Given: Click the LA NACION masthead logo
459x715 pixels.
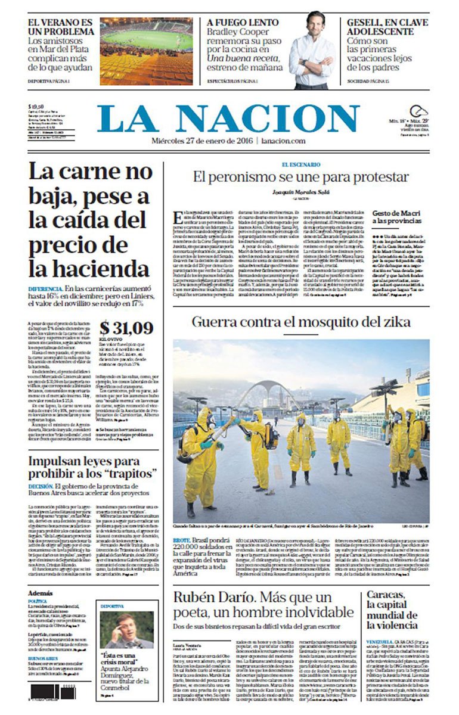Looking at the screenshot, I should [228, 119].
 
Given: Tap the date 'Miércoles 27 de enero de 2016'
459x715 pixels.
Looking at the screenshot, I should [201, 141].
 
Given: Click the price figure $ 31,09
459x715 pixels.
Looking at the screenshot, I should [126, 328].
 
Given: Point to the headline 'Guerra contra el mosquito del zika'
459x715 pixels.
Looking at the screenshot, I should [301, 322].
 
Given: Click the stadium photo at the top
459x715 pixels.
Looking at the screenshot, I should [147, 51].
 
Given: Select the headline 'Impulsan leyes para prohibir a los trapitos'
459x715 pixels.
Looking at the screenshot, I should [92, 467].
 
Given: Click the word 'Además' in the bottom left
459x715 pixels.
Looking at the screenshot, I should [40, 593].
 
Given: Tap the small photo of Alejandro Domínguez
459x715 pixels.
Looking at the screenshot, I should [126, 629].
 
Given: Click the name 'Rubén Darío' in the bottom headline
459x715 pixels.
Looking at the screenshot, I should [209, 597].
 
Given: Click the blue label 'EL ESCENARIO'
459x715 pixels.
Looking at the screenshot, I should [301, 164].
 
